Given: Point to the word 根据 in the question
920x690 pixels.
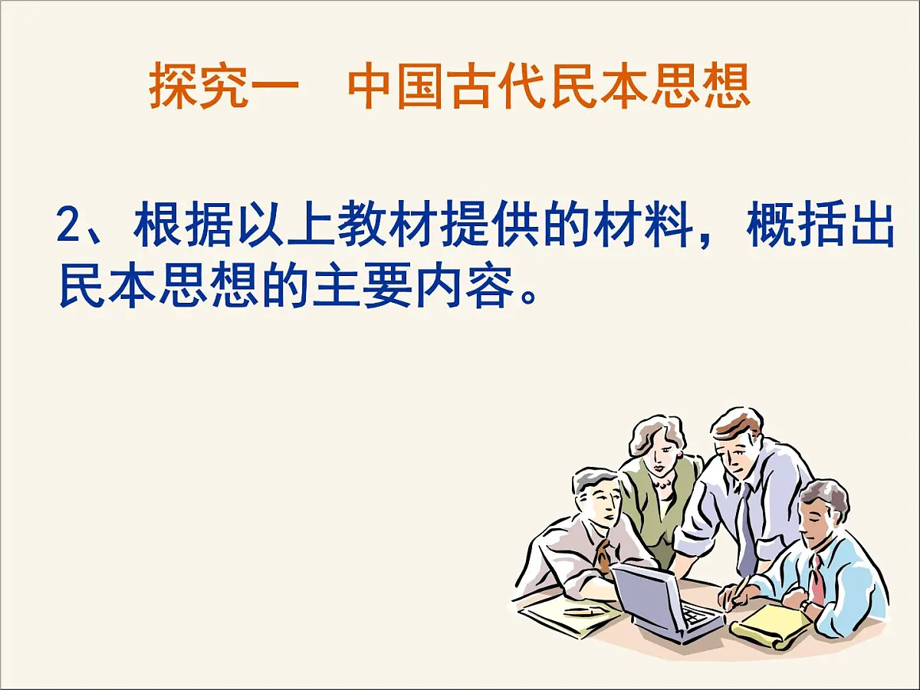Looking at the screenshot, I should click(184, 227).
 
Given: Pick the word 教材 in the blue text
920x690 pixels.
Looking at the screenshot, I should click(387, 227).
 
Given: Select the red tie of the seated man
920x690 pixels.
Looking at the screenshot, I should click(817, 578).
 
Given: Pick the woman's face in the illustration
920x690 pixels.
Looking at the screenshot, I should click(658, 457).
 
